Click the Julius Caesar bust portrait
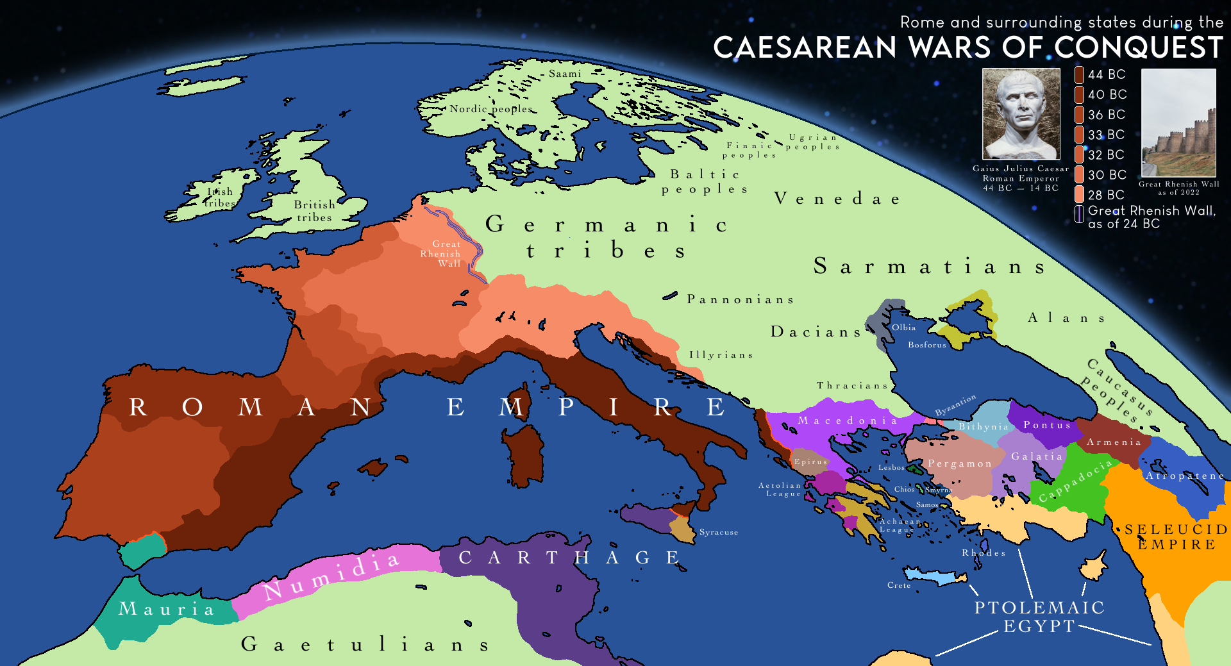(x=1021, y=114)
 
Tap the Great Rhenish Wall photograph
(x=1178, y=122)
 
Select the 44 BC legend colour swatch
(x=1080, y=75)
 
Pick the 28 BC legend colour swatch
(x=1080, y=194)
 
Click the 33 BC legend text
(x=1106, y=135)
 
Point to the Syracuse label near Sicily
(x=719, y=532)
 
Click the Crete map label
(x=899, y=585)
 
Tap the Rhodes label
(x=984, y=553)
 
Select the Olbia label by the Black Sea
(x=903, y=328)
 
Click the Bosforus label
(x=926, y=345)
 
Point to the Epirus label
(x=810, y=462)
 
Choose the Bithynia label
(x=984, y=427)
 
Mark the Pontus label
(x=1046, y=425)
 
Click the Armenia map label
(x=1114, y=442)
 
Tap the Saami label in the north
(x=565, y=74)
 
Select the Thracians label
(x=852, y=386)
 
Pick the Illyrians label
(x=721, y=355)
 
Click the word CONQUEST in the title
(x=1139, y=48)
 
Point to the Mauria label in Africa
(x=166, y=609)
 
